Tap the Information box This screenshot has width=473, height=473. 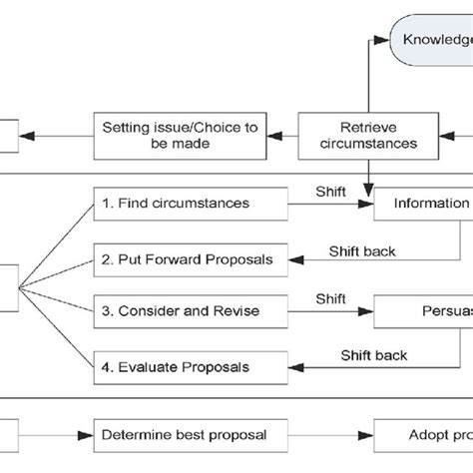423,204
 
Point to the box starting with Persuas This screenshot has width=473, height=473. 423,310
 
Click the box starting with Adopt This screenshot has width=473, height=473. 423,434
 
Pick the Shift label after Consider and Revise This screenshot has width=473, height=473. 331,297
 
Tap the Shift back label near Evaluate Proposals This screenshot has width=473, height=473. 373,354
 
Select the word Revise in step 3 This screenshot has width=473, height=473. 237,310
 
